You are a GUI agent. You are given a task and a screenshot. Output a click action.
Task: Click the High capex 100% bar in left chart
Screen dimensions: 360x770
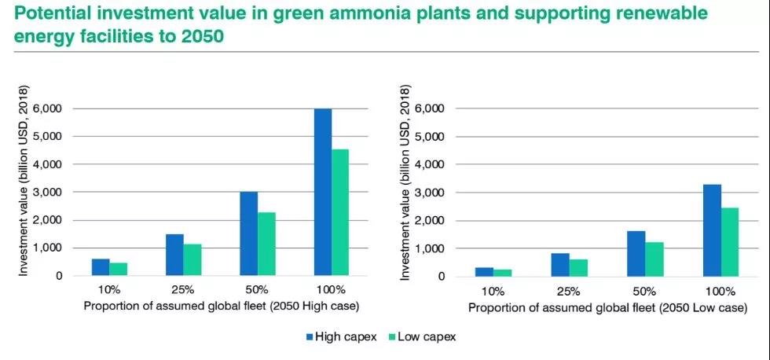point(322,192)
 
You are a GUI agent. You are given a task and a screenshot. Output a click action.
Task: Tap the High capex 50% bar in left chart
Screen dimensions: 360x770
point(248,233)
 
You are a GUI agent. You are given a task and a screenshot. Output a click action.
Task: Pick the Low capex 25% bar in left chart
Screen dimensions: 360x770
point(192,260)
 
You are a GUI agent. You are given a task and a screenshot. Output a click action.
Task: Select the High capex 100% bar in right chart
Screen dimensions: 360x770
point(712,230)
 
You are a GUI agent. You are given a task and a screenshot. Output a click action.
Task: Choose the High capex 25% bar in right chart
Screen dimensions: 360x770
point(561,265)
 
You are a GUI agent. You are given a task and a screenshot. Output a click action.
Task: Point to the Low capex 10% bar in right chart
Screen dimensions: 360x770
point(502,273)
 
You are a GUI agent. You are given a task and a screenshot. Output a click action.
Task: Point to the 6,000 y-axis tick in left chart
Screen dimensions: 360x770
point(52,108)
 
